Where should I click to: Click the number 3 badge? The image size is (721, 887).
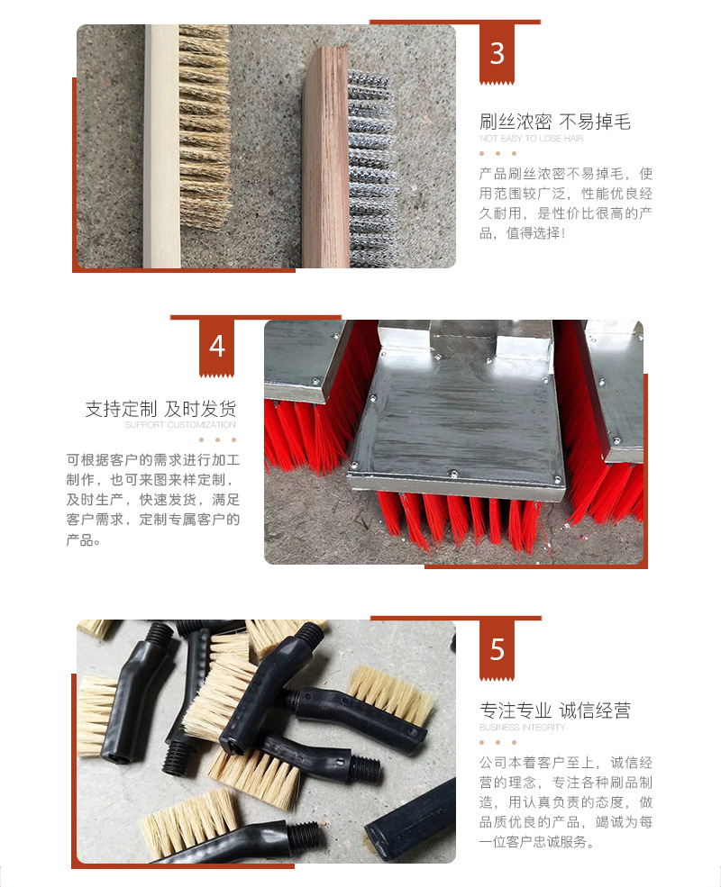click(x=497, y=54)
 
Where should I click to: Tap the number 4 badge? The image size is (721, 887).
click(x=217, y=347)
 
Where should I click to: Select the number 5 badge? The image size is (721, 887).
click(x=497, y=649)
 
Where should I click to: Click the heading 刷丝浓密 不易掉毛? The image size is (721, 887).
click(x=554, y=122)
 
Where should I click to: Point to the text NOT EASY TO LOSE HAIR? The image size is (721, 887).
click(x=531, y=138)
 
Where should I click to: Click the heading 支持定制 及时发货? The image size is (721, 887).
click(x=160, y=409)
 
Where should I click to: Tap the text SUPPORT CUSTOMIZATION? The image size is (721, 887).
click(x=180, y=425)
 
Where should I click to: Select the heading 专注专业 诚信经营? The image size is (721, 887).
click(x=554, y=711)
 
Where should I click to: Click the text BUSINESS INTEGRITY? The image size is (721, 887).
click(x=522, y=728)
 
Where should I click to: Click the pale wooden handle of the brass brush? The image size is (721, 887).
click(x=161, y=146)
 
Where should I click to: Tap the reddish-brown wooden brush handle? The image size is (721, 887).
click(x=325, y=158)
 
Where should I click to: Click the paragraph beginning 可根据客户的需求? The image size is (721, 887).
click(x=153, y=500)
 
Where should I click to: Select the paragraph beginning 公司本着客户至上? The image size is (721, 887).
click(x=566, y=802)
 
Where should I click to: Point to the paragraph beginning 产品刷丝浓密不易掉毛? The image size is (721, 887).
click(x=566, y=204)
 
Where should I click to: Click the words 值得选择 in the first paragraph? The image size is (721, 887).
click(x=534, y=233)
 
